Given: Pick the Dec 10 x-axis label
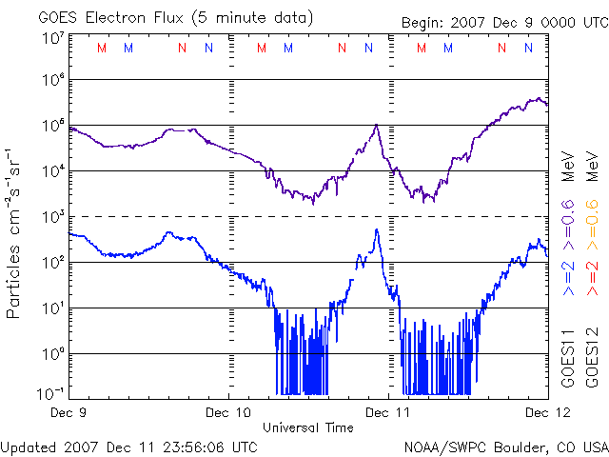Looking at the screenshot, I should point(229,411).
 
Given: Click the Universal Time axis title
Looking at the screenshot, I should point(308,427).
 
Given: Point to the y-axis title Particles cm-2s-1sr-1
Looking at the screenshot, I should point(15,233).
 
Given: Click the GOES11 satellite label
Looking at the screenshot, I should point(567,358).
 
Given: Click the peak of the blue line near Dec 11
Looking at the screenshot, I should point(377,229).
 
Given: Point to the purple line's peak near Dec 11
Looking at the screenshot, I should point(377,125).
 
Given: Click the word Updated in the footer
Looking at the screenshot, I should point(29,446).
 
